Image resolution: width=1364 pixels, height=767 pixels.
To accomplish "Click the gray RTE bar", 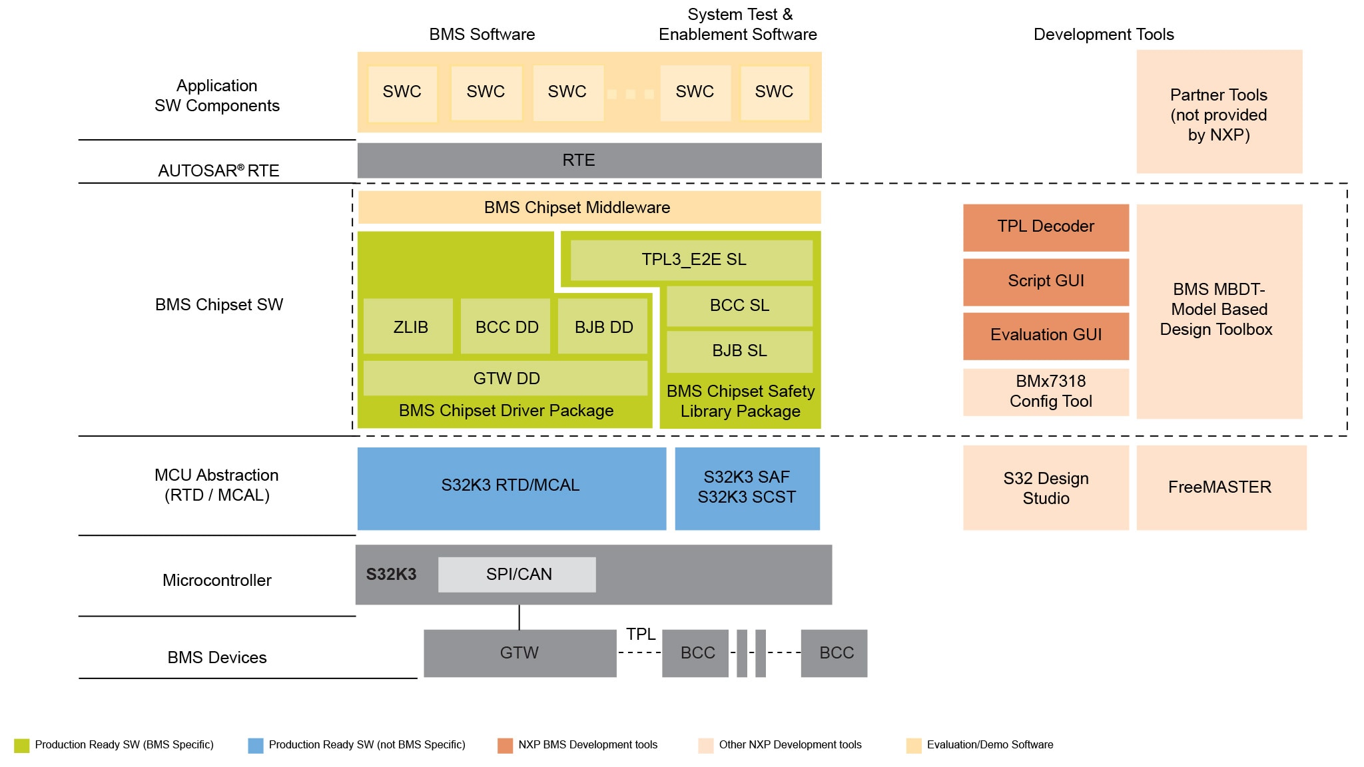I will pyautogui.click(x=589, y=160).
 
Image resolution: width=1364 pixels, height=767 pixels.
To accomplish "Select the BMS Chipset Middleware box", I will pyautogui.click(x=589, y=208).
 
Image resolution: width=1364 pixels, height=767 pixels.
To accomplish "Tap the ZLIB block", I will pyautogui.click(x=408, y=326).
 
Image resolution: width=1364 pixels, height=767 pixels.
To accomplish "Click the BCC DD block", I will pyautogui.click(x=506, y=326).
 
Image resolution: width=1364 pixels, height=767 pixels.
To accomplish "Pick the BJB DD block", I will pyautogui.click(x=603, y=326).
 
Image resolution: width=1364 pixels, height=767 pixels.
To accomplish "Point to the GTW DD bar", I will pyautogui.click(x=506, y=378).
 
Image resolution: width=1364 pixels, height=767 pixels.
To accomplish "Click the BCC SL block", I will pyautogui.click(x=739, y=306).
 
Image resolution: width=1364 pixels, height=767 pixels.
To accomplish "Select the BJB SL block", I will pyautogui.click(x=739, y=351).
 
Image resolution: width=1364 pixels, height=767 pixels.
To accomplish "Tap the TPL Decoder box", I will pyautogui.click(x=1046, y=227).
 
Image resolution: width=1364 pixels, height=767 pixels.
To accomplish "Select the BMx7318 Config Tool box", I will pyautogui.click(x=1046, y=391).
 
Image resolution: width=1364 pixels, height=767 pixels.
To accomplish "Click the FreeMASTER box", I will pyautogui.click(x=1221, y=487).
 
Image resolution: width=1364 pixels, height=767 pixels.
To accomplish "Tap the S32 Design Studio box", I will pyautogui.click(x=1046, y=487).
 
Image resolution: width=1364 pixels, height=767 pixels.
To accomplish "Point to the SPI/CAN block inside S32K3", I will pyautogui.click(x=517, y=575).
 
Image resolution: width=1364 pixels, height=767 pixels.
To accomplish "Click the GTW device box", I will pyautogui.click(x=519, y=653).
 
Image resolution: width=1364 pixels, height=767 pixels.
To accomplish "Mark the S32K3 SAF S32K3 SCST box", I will pyautogui.click(x=747, y=487).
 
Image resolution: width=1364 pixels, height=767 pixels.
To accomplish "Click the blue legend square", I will pyautogui.click(x=256, y=746).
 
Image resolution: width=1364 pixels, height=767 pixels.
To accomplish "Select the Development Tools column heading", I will pyautogui.click(x=1103, y=35).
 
